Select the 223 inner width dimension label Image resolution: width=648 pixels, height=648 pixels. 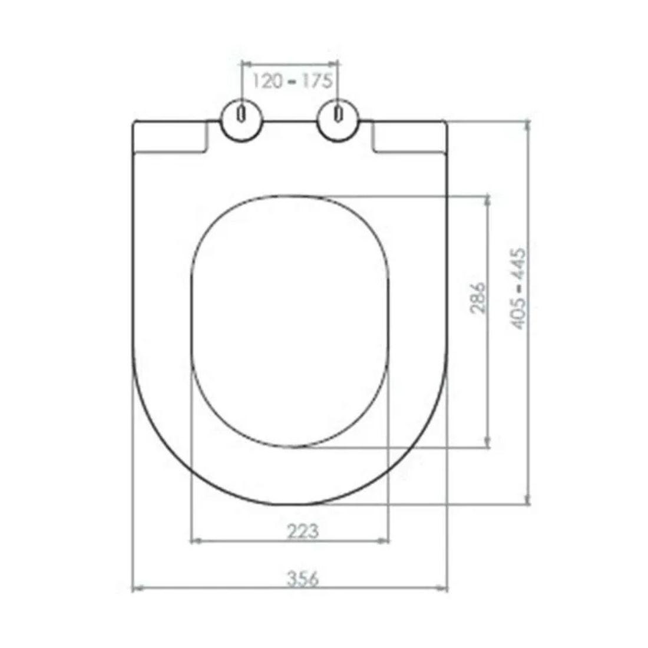coord(303,531)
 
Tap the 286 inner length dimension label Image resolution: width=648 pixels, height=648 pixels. coord(478,299)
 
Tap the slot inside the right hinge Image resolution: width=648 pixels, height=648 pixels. coord(338,113)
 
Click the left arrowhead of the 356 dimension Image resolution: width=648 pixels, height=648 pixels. coord(136,587)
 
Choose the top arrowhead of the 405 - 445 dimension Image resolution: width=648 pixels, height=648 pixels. coord(528,125)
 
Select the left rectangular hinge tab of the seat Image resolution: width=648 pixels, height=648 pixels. coord(171,139)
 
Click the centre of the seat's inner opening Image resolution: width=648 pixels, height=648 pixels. coord(290,321)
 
